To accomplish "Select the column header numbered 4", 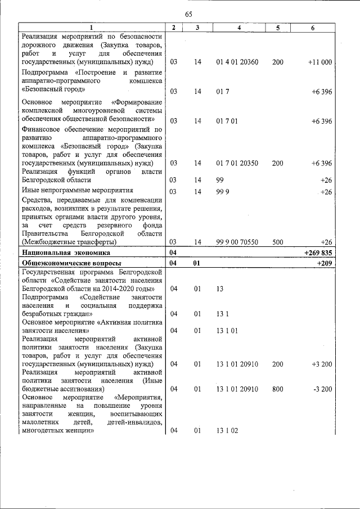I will [240, 28].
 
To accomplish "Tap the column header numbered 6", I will [312, 28].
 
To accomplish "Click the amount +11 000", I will [320, 62].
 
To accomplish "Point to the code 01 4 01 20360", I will [237, 62].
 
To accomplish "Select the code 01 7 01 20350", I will [237, 163].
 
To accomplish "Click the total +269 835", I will [318, 253].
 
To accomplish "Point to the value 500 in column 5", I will [278, 242].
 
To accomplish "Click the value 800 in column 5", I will [278, 389].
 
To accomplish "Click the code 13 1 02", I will [227, 431].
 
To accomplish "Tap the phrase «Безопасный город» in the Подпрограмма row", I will [53, 89].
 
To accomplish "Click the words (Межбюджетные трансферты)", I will [69, 242].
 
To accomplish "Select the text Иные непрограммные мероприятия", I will [77, 191].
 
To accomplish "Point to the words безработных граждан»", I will [57, 313].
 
